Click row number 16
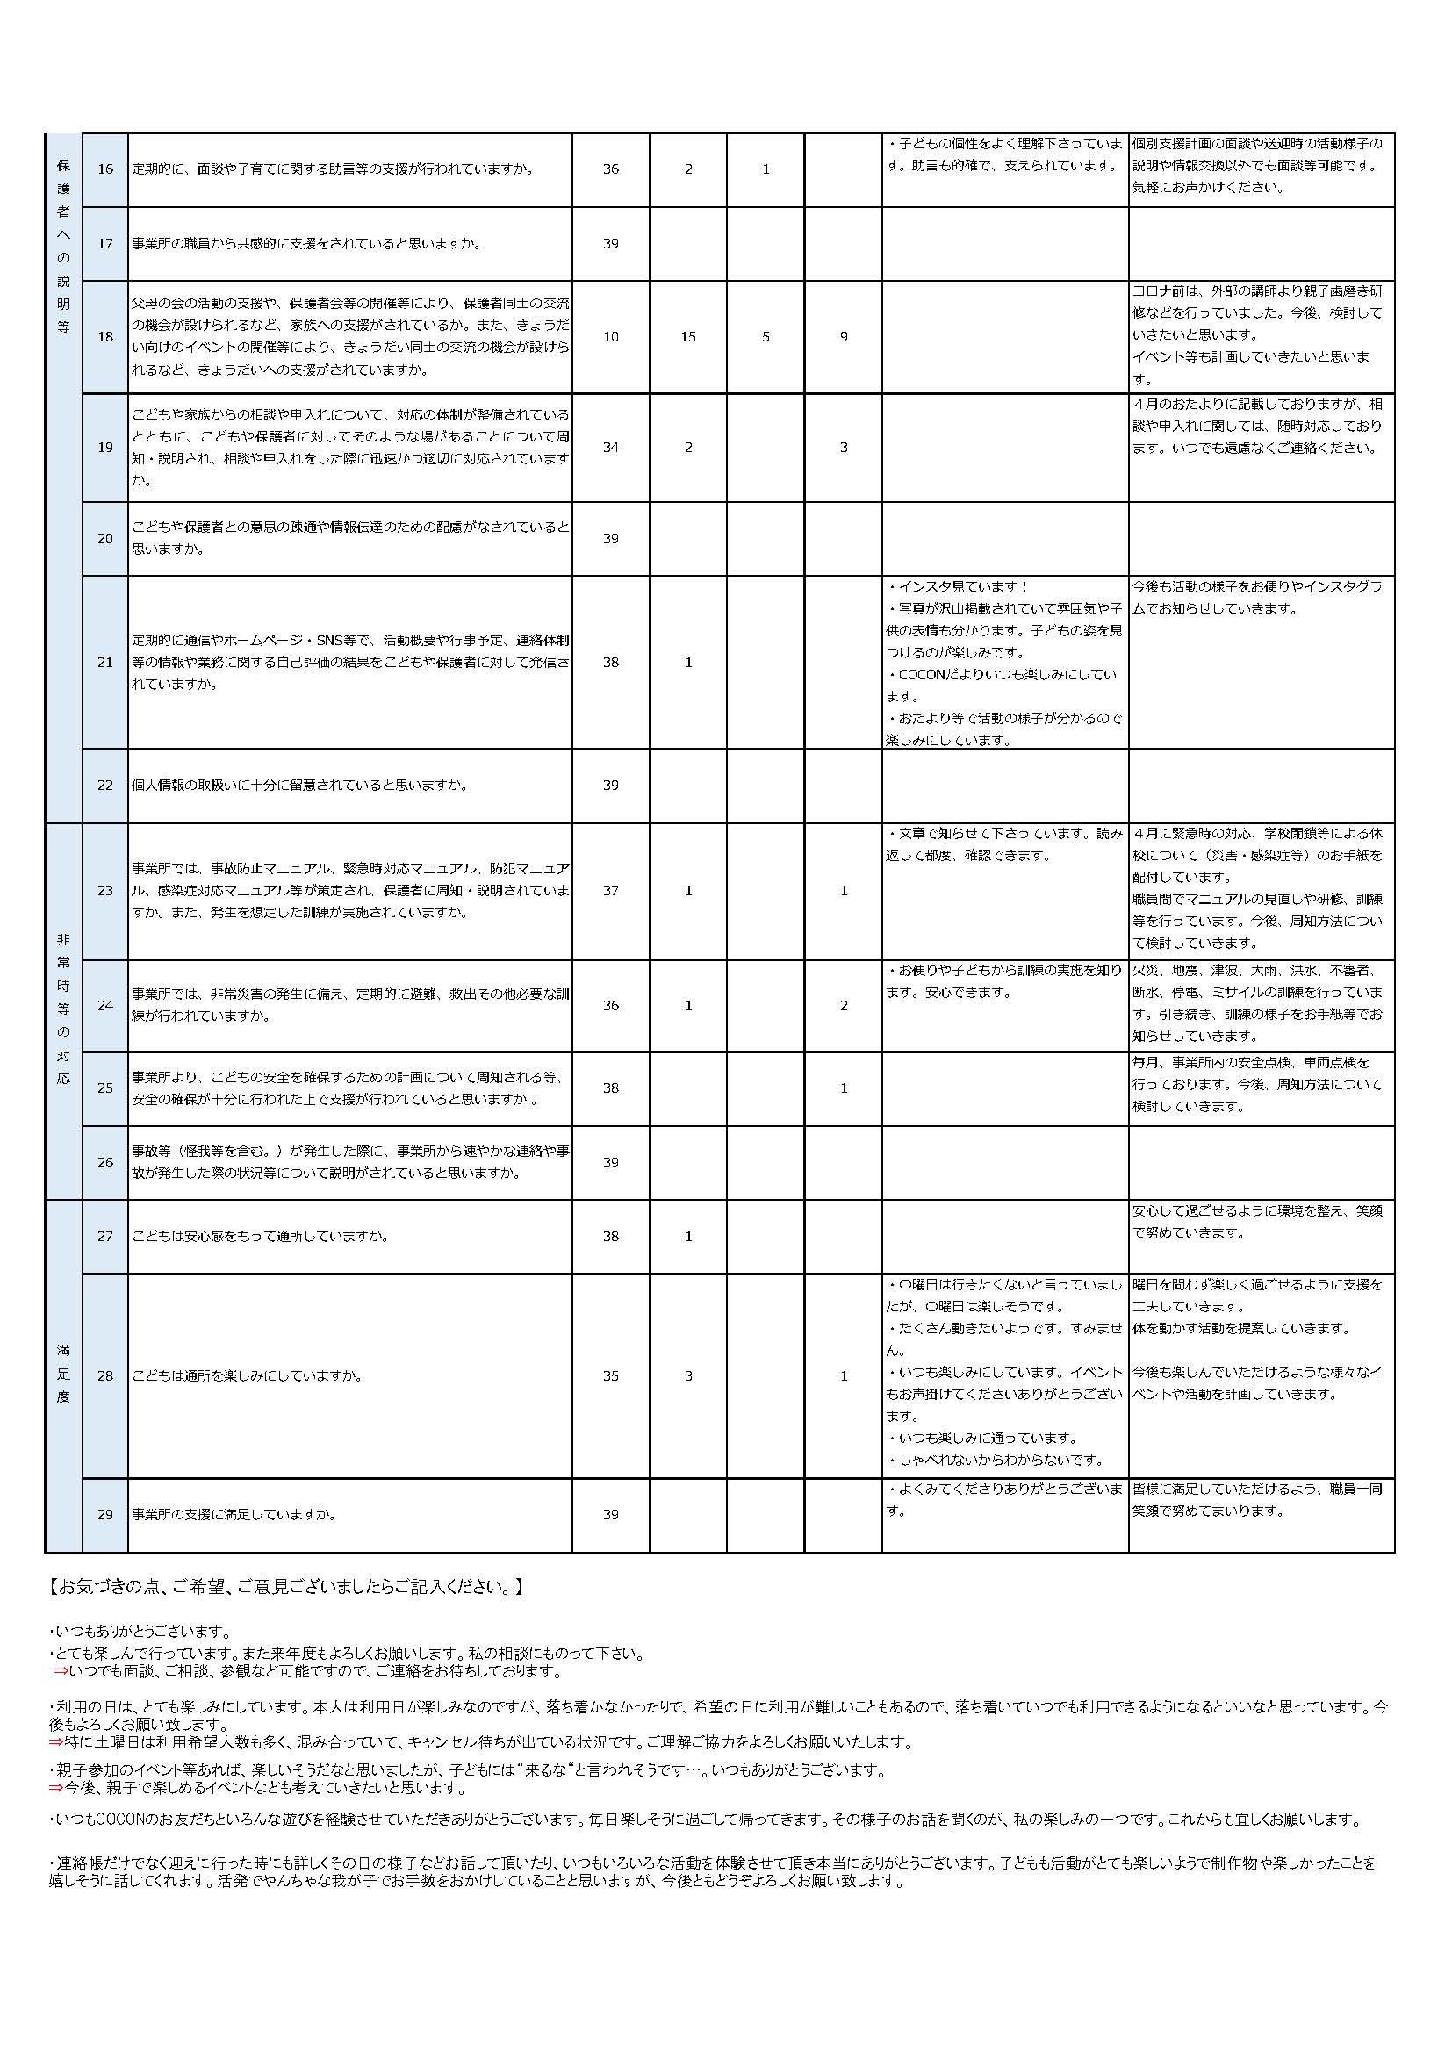click(105, 169)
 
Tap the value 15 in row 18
click(687, 337)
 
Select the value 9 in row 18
click(843, 337)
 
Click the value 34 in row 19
click(611, 447)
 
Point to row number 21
click(105, 663)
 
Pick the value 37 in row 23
click(611, 891)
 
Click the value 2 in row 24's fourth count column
click(843, 1006)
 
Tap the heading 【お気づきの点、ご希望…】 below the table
click(286, 1588)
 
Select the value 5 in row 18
click(766, 337)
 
